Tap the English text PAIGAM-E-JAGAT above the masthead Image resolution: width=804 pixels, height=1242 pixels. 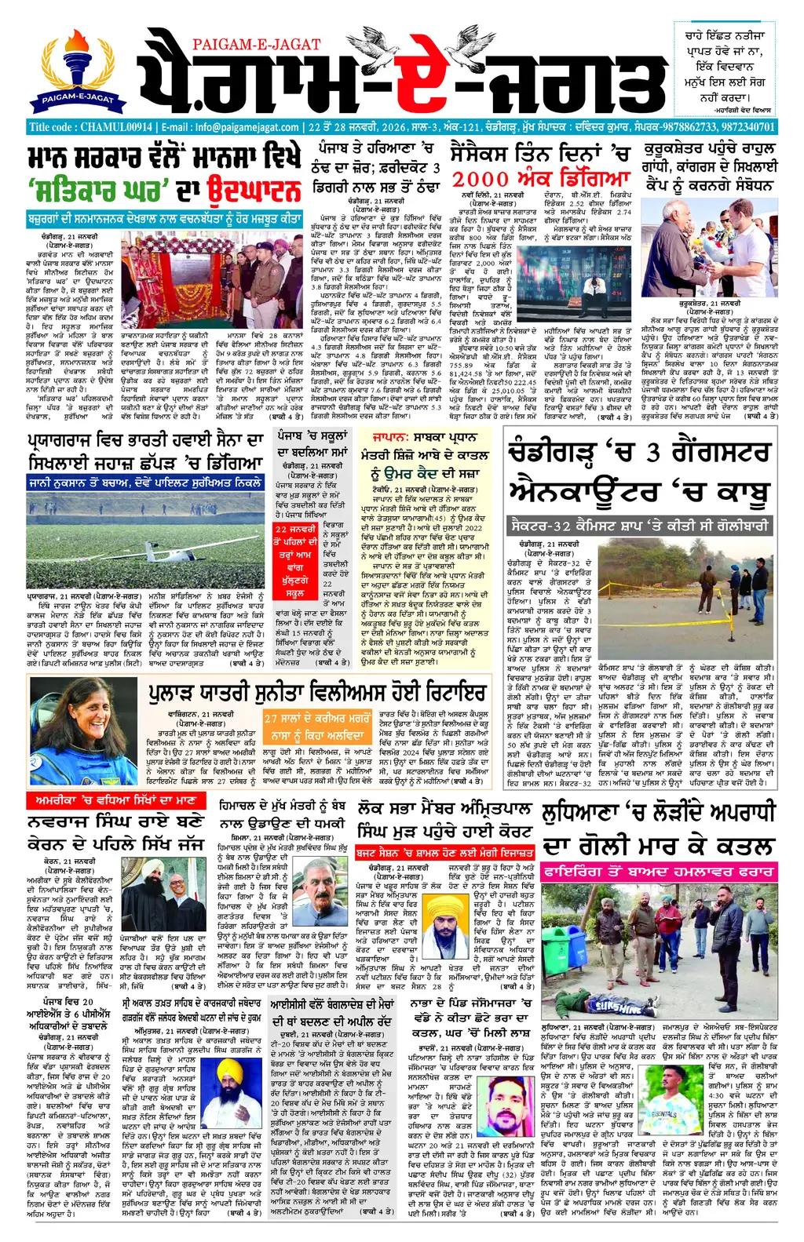click(x=255, y=45)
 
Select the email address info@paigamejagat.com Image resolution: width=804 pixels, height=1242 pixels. click(x=247, y=127)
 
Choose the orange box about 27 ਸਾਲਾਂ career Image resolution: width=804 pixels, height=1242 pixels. click(x=316, y=727)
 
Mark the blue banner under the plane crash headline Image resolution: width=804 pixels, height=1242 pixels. click(x=145, y=483)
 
